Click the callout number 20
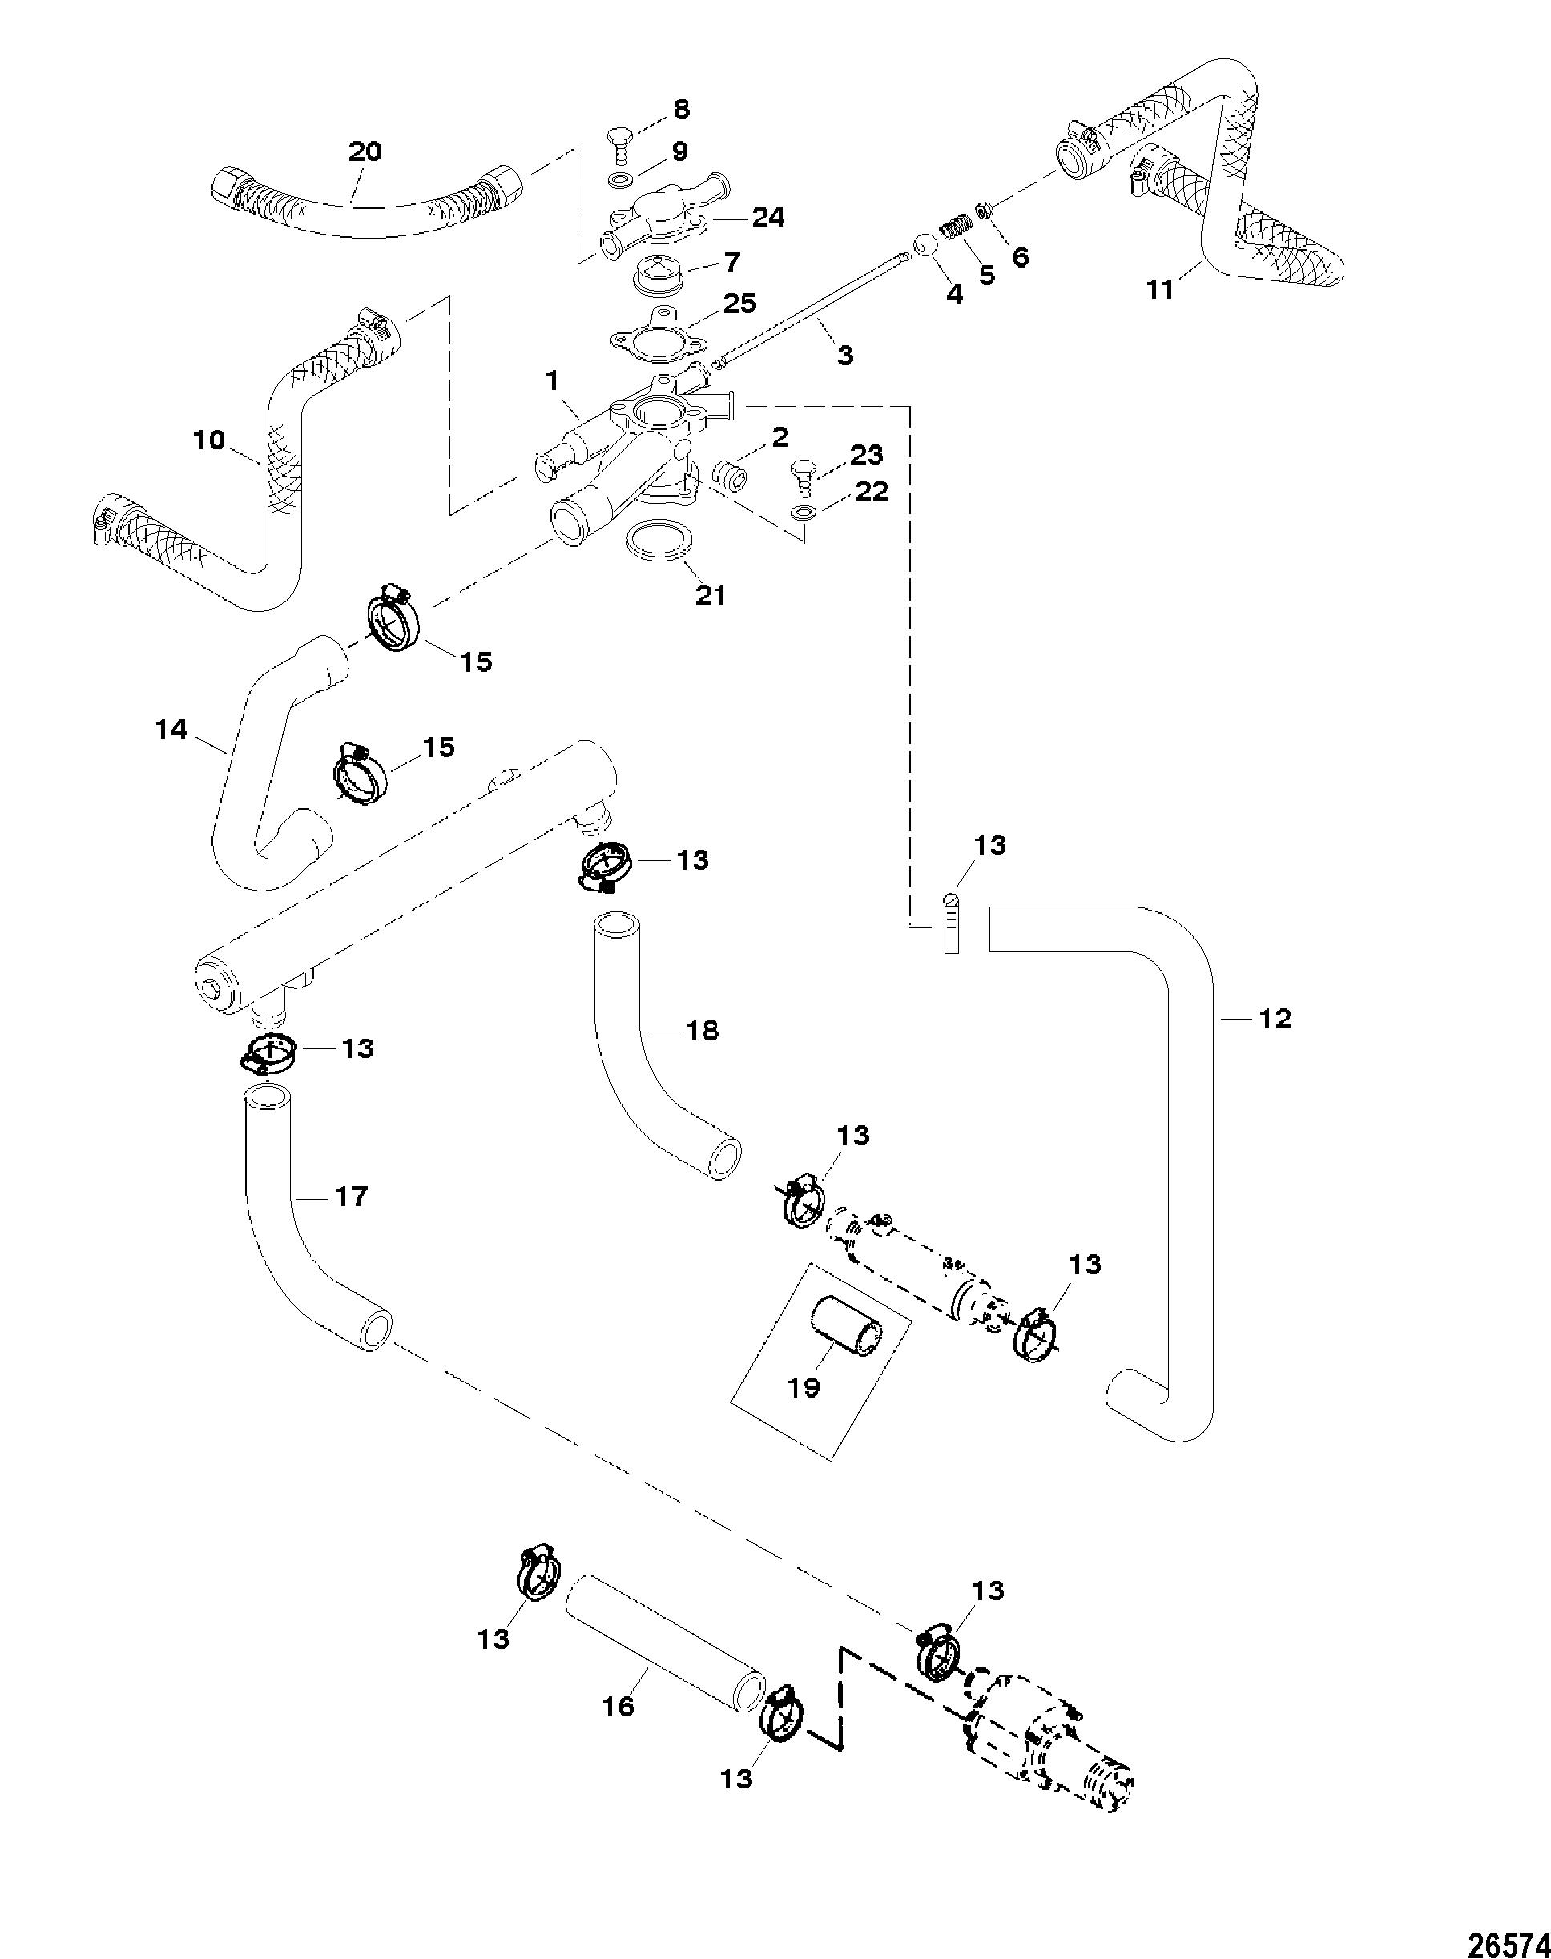click(x=365, y=151)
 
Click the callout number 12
click(x=1275, y=1020)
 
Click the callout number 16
click(x=618, y=1707)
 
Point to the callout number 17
click(x=351, y=1197)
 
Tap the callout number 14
click(x=171, y=729)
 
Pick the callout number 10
click(x=209, y=440)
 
